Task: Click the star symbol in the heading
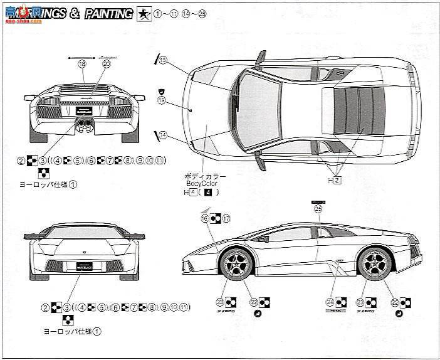pyautogui.click(x=142, y=13)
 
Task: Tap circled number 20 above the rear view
pyautogui.click(x=106, y=63)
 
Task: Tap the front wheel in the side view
pyautogui.click(x=237, y=263)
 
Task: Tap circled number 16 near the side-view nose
pyautogui.click(x=204, y=218)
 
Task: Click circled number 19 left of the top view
pyautogui.click(x=162, y=100)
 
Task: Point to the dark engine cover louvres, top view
pyautogui.click(x=354, y=109)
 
